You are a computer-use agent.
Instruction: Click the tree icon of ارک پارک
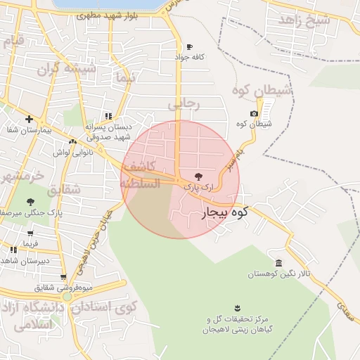coord(196,176)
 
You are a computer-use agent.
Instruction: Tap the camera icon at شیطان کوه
coord(254,114)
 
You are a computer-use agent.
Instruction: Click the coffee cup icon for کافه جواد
coord(189,47)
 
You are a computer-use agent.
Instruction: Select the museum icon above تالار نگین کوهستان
coord(279,262)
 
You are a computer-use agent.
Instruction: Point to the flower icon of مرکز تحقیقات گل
coord(236,307)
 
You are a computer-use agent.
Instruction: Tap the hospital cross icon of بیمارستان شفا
coord(29,120)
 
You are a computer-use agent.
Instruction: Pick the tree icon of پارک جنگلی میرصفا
coord(30,202)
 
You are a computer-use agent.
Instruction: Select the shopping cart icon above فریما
coord(30,233)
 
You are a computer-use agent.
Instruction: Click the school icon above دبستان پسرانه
coord(108,116)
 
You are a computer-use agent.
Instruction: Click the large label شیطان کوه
coord(262,90)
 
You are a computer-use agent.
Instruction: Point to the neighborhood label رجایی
coord(184,104)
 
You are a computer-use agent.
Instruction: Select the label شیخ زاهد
coord(304,20)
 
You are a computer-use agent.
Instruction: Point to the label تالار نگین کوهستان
coord(280,273)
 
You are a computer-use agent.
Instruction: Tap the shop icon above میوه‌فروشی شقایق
coord(63,277)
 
